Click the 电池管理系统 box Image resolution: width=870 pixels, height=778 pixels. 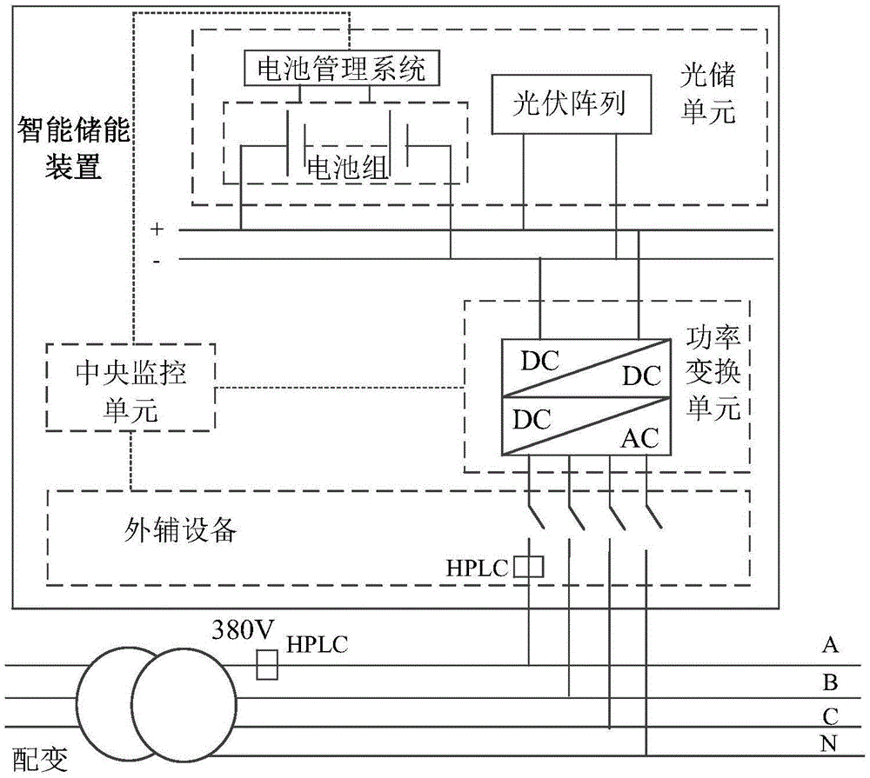coord(342,68)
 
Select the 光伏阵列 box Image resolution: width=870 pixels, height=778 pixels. coord(572,104)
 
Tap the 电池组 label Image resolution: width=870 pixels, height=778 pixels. coord(348,167)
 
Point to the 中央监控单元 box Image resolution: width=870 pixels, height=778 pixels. coord(130,387)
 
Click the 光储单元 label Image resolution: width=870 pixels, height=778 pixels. coord(708,93)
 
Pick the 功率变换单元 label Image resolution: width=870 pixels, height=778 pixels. coord(713,373)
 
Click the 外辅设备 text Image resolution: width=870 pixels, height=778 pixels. coord(180,530)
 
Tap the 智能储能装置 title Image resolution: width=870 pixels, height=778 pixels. coord(73,148)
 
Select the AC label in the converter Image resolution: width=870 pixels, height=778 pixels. coord(639,439)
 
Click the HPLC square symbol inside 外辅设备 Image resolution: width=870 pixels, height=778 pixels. coord(528,568)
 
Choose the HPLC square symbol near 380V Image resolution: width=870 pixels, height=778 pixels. coord(267,665)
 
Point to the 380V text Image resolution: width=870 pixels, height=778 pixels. coord(243,630)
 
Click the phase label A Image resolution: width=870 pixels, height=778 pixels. coord(830,645)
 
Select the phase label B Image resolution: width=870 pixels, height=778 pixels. coord(830,682)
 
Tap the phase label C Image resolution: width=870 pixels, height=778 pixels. coord(830,716)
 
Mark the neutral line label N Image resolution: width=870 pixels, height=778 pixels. coord(828,743)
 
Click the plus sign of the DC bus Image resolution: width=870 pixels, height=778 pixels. coord(157,229)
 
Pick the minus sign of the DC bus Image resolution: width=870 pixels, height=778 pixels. coord(157,261)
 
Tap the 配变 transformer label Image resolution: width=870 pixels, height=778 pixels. coord(40,759)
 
